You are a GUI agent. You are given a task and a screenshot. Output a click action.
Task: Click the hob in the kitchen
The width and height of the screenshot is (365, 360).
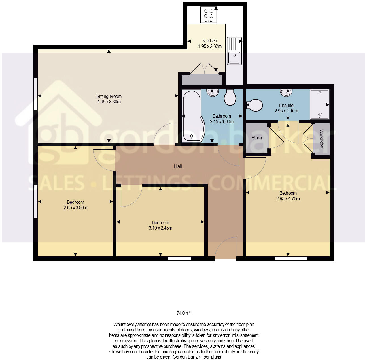point(209,14)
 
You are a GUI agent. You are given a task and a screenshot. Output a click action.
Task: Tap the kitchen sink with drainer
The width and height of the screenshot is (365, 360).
point(234,51)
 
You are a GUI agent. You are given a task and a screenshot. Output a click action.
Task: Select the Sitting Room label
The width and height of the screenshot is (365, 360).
point(109,96)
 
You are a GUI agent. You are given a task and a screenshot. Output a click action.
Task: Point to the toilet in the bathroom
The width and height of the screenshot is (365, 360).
point(230,97)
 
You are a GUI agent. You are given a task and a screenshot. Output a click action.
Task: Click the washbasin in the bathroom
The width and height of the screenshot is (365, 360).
point(213,92)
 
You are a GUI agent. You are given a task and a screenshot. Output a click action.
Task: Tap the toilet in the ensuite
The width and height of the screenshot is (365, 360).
point(255,105)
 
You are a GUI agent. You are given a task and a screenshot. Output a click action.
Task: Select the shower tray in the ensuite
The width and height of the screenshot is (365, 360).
point(319,104)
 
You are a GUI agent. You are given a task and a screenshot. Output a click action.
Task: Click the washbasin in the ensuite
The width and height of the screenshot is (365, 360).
point(286,92)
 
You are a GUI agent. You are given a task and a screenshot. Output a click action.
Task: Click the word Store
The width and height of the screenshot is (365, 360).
point(257,138)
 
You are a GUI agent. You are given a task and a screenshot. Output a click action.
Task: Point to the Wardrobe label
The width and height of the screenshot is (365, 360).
point(322,139)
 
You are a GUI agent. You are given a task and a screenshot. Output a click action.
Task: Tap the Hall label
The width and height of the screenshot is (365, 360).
point(178,166)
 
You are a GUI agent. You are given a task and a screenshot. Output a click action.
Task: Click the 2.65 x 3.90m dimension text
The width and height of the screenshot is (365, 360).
point(75,207)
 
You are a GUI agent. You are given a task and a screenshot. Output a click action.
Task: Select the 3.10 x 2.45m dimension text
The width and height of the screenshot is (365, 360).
point(160,228)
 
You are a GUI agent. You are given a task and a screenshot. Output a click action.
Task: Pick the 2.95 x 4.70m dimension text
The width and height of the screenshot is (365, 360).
point(288,198)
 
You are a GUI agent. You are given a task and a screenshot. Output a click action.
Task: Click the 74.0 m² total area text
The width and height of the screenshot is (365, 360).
point(184,313)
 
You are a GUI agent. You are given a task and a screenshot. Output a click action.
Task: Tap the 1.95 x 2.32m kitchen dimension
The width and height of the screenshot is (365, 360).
point(210,46)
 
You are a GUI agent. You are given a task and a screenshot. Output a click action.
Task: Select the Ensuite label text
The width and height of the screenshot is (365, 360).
point(286,105)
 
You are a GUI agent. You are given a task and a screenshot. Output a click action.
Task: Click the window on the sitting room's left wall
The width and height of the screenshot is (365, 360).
point(36,93)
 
